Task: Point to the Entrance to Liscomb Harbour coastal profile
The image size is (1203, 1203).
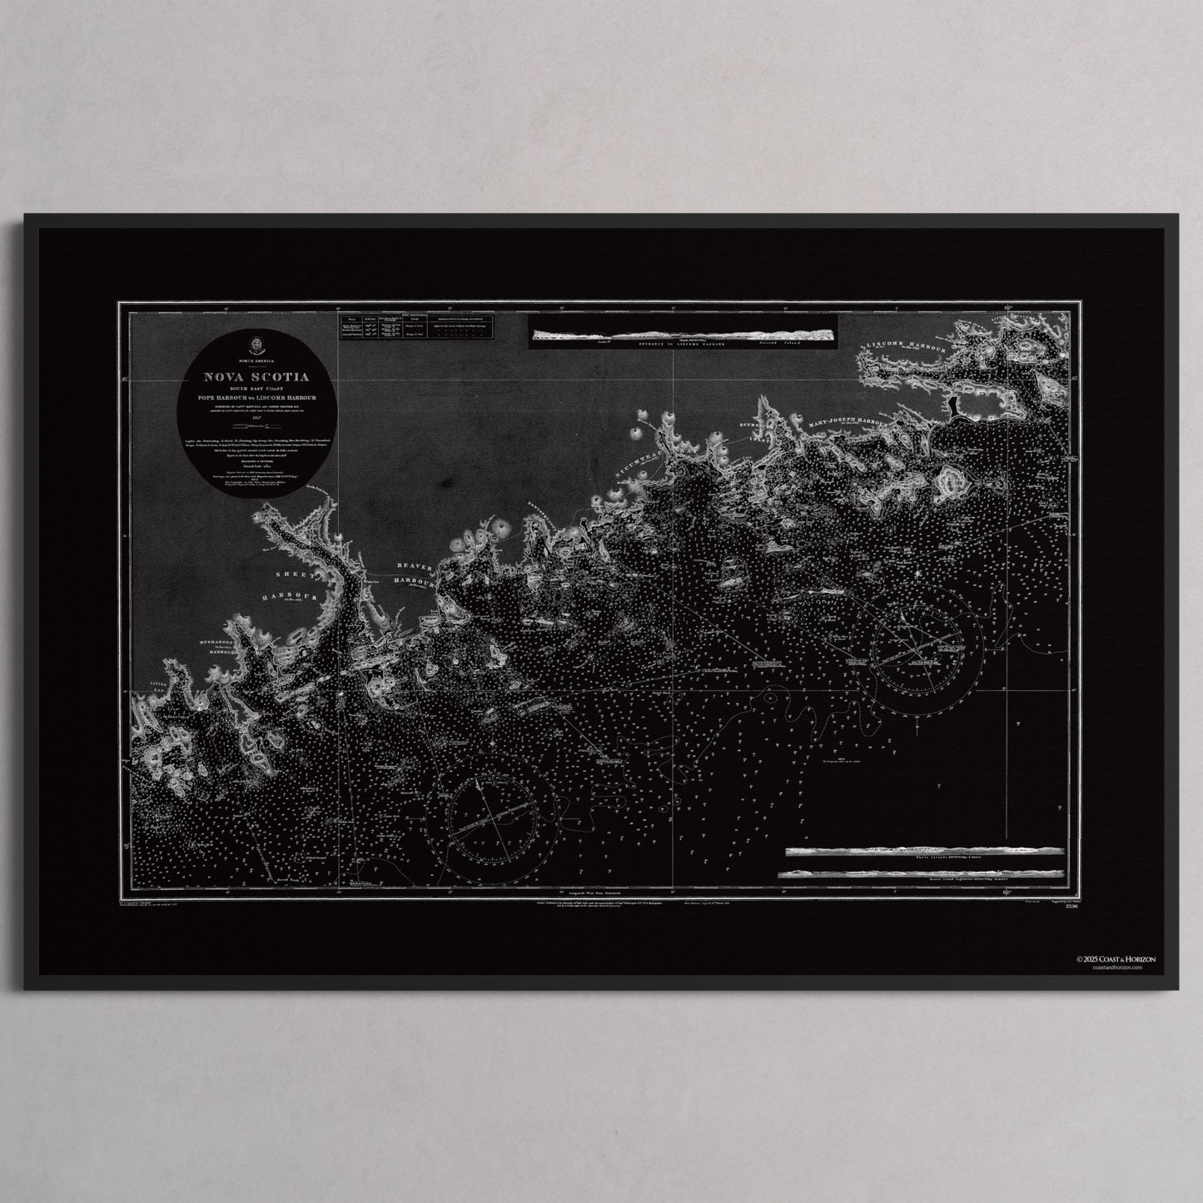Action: tap(683, 336)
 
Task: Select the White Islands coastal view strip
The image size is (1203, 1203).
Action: tap(924, 852)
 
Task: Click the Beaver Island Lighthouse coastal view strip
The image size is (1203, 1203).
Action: tap(921, 872)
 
